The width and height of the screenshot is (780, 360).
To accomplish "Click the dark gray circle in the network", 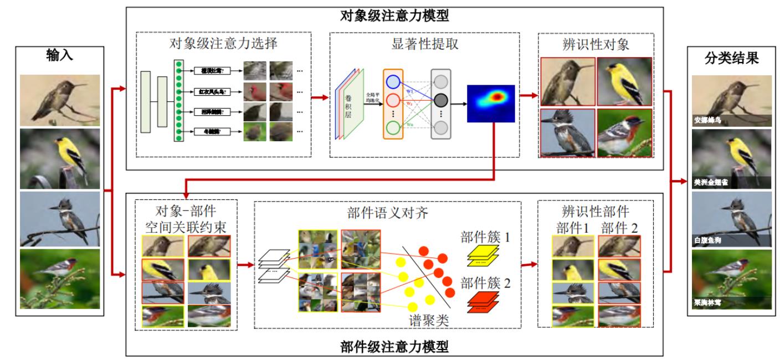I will point(441,100).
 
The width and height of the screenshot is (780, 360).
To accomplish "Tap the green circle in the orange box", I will point(392,128).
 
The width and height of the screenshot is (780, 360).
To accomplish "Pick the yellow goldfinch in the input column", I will point(60,160).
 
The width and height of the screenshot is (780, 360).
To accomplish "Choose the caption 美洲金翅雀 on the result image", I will point(710,182).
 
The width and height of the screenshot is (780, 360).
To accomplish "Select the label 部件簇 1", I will point(485,237).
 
